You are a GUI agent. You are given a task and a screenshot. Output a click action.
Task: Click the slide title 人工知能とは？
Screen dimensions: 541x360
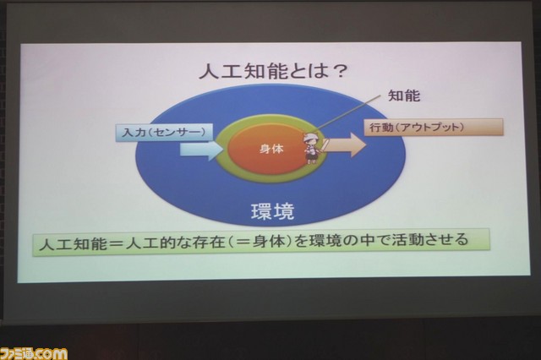272,72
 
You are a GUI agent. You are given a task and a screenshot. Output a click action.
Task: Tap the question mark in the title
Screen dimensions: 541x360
336,72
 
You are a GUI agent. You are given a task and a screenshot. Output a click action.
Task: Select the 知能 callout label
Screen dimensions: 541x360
404,95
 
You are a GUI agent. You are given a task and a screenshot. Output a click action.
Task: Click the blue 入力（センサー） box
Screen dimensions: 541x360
164,133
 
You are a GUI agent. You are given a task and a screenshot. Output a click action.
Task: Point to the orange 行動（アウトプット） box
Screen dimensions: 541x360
434,128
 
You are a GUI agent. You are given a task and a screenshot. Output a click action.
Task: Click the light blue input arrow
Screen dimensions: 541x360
202,151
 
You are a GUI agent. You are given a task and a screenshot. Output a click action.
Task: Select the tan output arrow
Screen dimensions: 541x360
345,145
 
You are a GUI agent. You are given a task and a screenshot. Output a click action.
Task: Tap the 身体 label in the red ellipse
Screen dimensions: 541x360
271,149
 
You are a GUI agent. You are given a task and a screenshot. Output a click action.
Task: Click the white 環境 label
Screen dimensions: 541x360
272,211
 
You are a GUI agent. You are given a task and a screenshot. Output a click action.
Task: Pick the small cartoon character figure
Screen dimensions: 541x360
312,147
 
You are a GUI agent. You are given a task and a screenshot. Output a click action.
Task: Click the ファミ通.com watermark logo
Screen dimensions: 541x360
34,353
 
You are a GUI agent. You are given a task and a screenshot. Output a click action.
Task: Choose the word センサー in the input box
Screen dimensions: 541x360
178,133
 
